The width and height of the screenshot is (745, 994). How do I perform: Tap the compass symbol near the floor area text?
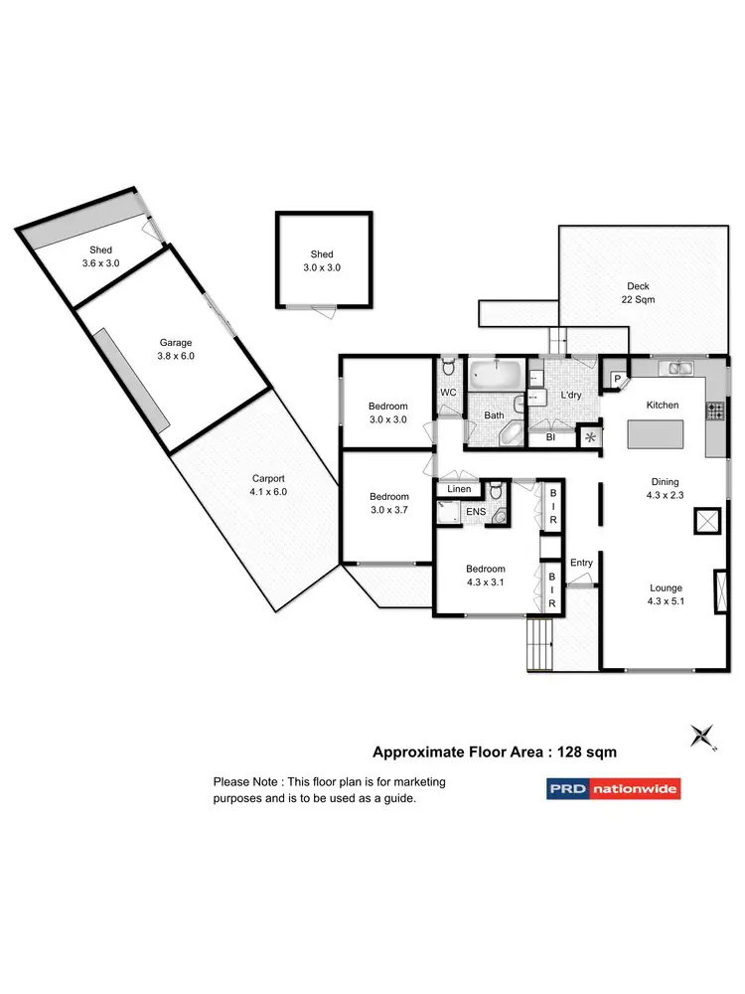tap(703, 736)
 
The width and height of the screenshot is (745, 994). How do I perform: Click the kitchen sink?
tap(680, 369)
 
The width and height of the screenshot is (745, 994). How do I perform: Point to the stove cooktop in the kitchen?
tap(715, 410)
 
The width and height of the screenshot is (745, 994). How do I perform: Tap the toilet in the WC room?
tap(449, 369)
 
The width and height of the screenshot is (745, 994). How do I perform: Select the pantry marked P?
tap(616, 378)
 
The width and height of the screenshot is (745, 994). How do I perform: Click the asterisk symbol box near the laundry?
tap(591, 436)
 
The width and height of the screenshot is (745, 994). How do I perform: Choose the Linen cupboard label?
tap(459, 489)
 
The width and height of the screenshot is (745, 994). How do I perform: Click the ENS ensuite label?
tap(476, 514)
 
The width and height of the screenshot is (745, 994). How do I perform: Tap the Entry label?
tap(581, 563)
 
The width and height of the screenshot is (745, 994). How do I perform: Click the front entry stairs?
tap(539, 645)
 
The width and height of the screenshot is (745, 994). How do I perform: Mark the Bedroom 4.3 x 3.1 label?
tap(486, 577)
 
